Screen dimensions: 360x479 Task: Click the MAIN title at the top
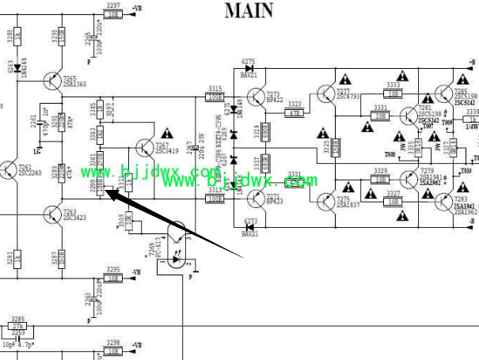pyautogui.click(x=249, y=10)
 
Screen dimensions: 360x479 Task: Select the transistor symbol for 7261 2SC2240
pyautogui.click(x=9, y=171)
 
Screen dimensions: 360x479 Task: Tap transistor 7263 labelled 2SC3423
pyautogui.click(x=52, y=214)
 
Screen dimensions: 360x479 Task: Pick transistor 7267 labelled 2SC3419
pyautogui.click(x=144, y=148)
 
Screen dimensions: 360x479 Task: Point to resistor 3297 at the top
pyautogui.click(x=113, y=14)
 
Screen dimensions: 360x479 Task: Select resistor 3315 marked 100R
pyautogui.click(x=215, y=97)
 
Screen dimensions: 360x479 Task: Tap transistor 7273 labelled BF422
pyautogui.click(x=256, y=97)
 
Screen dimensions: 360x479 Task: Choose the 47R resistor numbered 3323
pyautogui.click(x=295, y=113)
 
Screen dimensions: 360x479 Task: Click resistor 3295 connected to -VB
pyautogui.click(x=113, y=279)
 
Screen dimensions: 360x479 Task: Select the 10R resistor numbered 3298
pyautogui.click(x=113, y=351)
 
